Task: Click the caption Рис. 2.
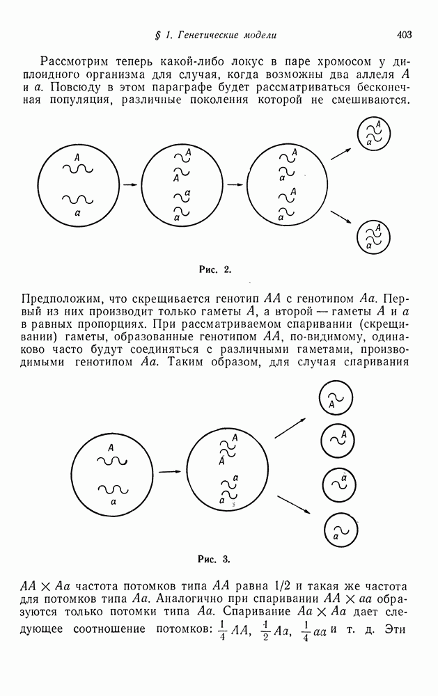coord(214,267)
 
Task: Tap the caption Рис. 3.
coord(214,558)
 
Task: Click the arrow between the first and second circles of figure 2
coord(130,185)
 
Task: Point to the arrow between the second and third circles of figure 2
coord(237,185)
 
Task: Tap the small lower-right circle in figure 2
coord(373,237)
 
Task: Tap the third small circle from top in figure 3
coord(336,485)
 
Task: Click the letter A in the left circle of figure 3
coord(111,448)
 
